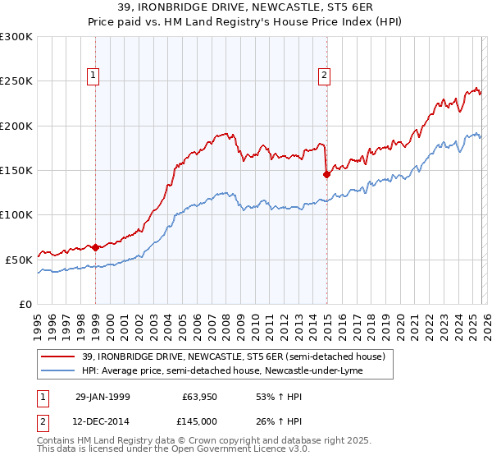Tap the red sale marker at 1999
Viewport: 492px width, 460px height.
click(96, 246)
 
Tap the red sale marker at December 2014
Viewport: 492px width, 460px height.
click(326, 174)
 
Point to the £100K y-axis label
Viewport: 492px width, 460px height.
click(16, 214)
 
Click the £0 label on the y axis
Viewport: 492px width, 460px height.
click(25, 304)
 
